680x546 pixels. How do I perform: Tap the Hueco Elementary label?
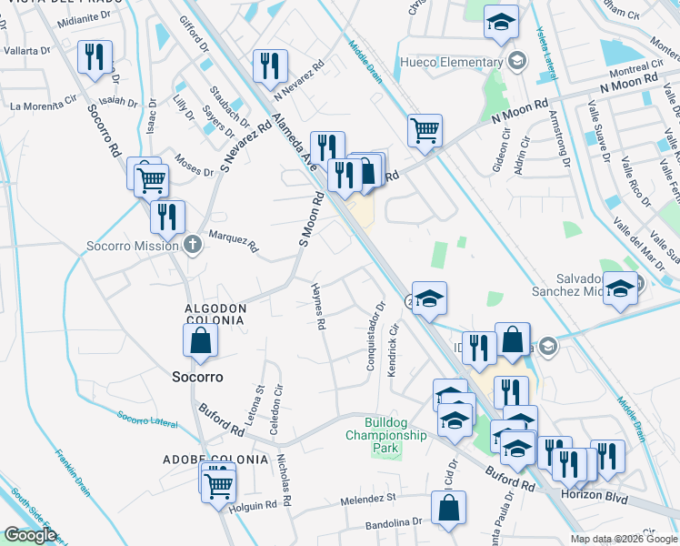point(452,63)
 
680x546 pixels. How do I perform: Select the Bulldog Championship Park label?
point(385,435)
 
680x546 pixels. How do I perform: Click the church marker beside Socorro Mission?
point(191,244)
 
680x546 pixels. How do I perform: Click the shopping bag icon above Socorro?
point(200,341)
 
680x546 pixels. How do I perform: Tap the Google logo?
point(30,535)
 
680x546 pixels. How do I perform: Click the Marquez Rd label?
point(235,241)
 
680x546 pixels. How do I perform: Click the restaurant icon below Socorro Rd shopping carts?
point(167,217)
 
